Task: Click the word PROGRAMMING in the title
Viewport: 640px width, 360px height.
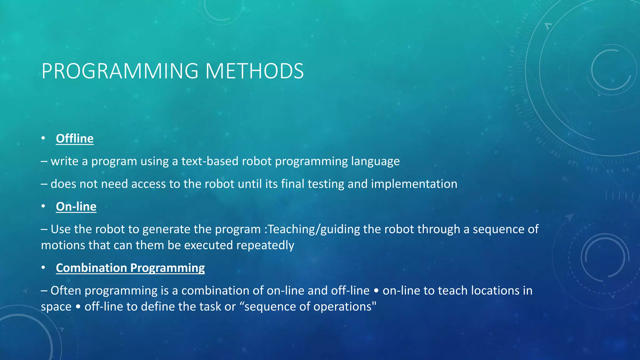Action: pos(120,71)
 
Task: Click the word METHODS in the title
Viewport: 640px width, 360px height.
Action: pos(254,71)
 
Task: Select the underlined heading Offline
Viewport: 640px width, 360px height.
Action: pos(75,138)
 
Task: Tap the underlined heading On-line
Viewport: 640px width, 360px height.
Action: pos(76,207)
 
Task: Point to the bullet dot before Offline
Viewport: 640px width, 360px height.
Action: pos(43,138)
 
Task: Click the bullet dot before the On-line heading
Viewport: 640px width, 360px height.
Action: pos(43,206)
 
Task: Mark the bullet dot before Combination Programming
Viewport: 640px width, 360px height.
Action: pos(43,267)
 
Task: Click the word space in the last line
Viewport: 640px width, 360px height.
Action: pos(56,307)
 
